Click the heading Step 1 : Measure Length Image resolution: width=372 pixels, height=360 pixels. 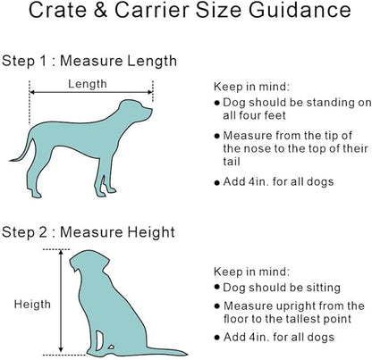(89, 62)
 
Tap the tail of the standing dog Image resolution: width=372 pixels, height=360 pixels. (17, 152)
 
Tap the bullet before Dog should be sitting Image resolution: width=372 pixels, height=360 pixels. (218, 289)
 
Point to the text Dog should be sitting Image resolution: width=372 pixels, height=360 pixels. (283, 288)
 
